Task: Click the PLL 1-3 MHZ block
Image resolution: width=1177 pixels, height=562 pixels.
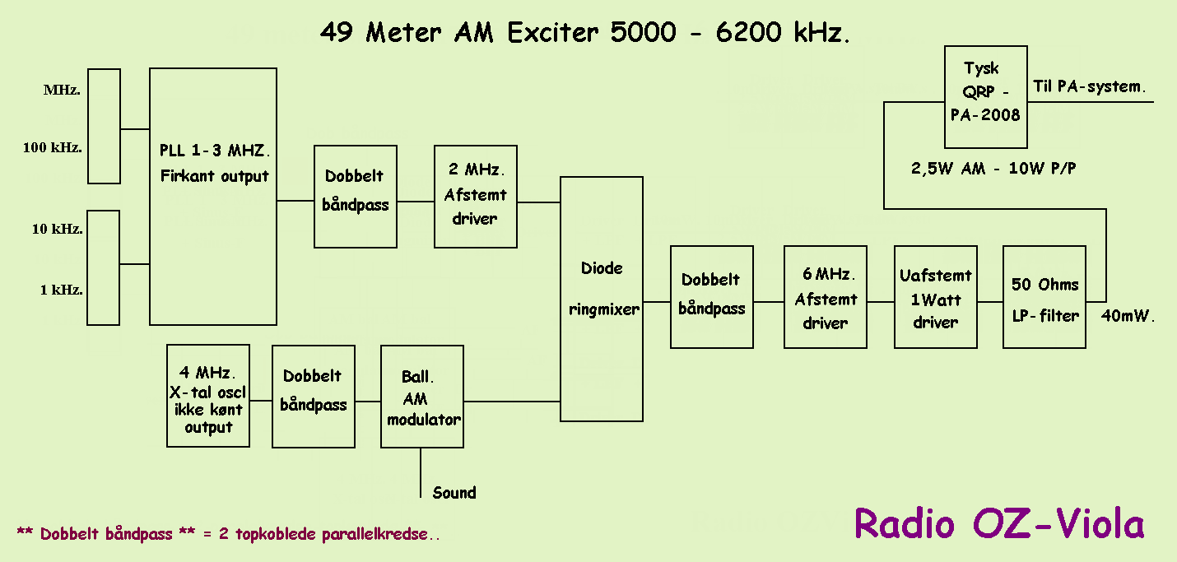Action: click(213, 197)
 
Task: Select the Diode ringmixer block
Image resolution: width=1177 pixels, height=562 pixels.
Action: click(601, 299)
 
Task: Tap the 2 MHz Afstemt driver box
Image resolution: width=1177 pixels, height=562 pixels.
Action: click(476, 197)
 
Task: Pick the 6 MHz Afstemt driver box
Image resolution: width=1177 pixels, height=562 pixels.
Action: click(825, 297)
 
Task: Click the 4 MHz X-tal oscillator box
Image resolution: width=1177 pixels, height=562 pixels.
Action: click(208, 396)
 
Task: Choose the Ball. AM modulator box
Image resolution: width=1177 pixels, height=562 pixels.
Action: click(422, 396)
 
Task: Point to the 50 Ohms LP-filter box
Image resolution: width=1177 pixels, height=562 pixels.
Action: click(1044, 297)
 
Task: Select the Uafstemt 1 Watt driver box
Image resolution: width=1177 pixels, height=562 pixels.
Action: click(935, 297)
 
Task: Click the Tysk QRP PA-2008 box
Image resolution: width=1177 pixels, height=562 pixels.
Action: click(986, 96)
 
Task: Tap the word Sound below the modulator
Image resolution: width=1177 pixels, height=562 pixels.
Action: click(454, 493)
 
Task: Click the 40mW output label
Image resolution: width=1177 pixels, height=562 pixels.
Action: click(1127, 316)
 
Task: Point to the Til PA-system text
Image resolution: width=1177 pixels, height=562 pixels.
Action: click(1089, 86)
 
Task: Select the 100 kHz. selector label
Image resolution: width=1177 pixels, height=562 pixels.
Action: click(52, 147)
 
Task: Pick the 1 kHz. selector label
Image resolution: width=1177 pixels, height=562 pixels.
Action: click(62, 290)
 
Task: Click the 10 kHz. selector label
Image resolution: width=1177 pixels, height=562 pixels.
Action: click(58, 229)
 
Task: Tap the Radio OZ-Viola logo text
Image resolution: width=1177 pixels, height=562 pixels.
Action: click(999, 523)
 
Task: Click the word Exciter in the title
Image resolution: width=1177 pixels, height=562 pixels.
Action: click(552, 33)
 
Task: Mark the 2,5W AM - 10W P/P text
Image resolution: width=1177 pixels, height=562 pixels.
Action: click(993, 169)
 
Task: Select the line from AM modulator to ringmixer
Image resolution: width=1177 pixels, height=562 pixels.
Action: click(512, 402)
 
